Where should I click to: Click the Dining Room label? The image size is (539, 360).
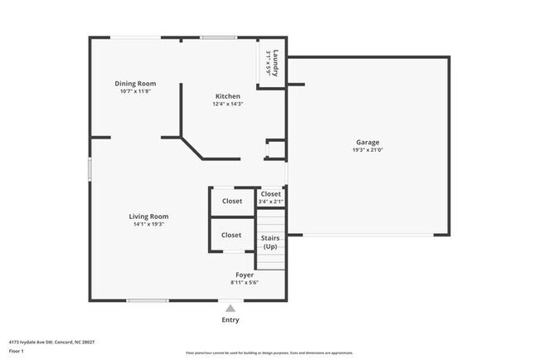point(135,83)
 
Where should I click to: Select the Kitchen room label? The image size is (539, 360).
point(228,96)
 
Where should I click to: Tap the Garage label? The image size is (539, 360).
point(367,142)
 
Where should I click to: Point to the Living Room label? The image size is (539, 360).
point(149,216)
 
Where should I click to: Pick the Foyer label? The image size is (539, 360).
point(245,275)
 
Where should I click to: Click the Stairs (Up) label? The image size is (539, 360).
point(270,242)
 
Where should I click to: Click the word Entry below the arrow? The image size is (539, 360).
point(231,320)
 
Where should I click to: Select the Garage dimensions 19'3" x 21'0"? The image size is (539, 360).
point(367,150)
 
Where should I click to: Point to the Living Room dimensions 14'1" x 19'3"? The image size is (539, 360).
point(149,224)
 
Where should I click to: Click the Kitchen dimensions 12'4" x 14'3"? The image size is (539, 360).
point(228,104)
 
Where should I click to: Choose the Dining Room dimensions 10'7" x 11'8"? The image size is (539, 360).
point(135,90)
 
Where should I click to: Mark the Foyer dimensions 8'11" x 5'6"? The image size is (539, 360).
point(245,282)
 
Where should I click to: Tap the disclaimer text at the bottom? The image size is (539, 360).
point(269,353)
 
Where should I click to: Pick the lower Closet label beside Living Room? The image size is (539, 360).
point(231,235)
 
